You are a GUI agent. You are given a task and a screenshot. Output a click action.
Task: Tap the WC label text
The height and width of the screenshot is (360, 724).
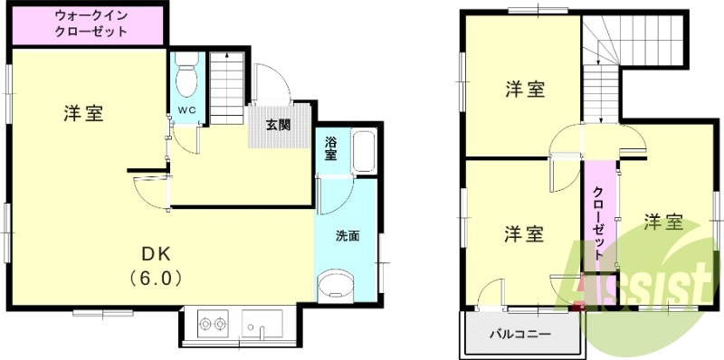187,109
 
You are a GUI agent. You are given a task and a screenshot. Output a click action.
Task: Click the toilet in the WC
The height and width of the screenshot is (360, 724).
187,76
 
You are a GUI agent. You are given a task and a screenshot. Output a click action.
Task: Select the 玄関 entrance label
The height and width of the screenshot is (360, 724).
277,125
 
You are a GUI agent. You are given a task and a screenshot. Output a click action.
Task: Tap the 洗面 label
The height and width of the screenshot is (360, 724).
348,237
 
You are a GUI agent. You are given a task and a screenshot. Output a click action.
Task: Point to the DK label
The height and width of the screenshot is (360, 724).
156,252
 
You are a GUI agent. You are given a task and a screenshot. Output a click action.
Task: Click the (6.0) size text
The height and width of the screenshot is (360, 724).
156,279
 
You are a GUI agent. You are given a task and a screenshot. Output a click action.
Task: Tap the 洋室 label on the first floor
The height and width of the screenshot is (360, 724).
83,114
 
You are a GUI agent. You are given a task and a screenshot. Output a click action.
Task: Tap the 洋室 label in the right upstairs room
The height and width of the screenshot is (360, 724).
663,222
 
